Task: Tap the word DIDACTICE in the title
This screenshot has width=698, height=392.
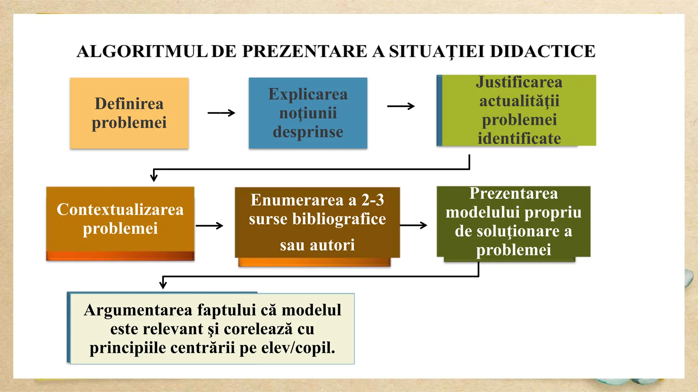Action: pos(543,52)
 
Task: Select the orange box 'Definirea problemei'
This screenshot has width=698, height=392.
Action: pos(129,113)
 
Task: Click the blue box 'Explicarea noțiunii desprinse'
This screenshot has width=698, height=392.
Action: pos(308,113)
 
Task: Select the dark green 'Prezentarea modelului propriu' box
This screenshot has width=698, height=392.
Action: pos(513,222)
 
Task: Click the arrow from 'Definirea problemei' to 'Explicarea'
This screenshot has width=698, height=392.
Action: pos(222,113)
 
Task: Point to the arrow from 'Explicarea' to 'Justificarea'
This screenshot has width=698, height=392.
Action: pos(401,106)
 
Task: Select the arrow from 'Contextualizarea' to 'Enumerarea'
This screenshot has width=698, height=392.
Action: pos(210,226)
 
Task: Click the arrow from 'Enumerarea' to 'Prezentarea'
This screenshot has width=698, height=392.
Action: pos(413,225)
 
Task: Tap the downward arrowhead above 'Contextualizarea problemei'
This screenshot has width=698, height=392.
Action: pos(154,177)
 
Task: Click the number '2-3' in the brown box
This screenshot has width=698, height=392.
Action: pos(373,200)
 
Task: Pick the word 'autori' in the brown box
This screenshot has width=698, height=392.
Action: pos(332,245)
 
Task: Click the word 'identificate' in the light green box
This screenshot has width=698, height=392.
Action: pos(519,138)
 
